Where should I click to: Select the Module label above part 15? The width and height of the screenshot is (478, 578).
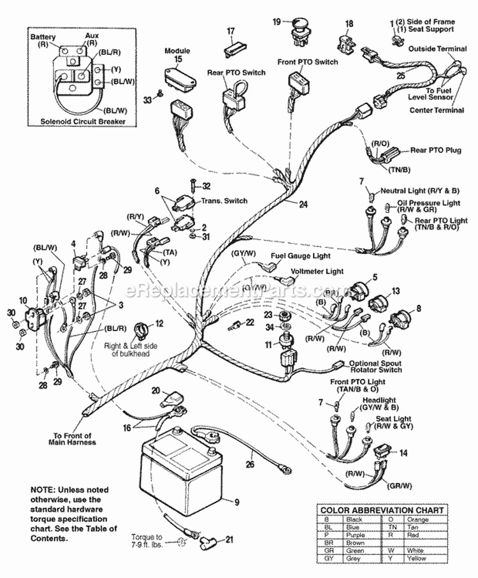click(177, 50)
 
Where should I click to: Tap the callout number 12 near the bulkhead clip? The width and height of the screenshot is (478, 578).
click(159, 324)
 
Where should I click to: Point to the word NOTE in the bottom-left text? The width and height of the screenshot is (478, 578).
click(43, 489)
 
